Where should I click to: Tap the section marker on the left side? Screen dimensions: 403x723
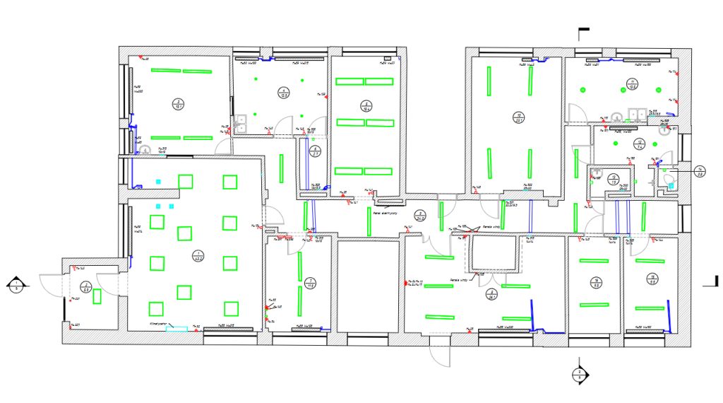coord(16,286)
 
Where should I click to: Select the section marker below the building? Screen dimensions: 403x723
coord(578,375)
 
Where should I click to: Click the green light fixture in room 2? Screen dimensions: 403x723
coord(97,296)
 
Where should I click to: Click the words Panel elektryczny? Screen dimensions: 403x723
coord(386,212)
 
